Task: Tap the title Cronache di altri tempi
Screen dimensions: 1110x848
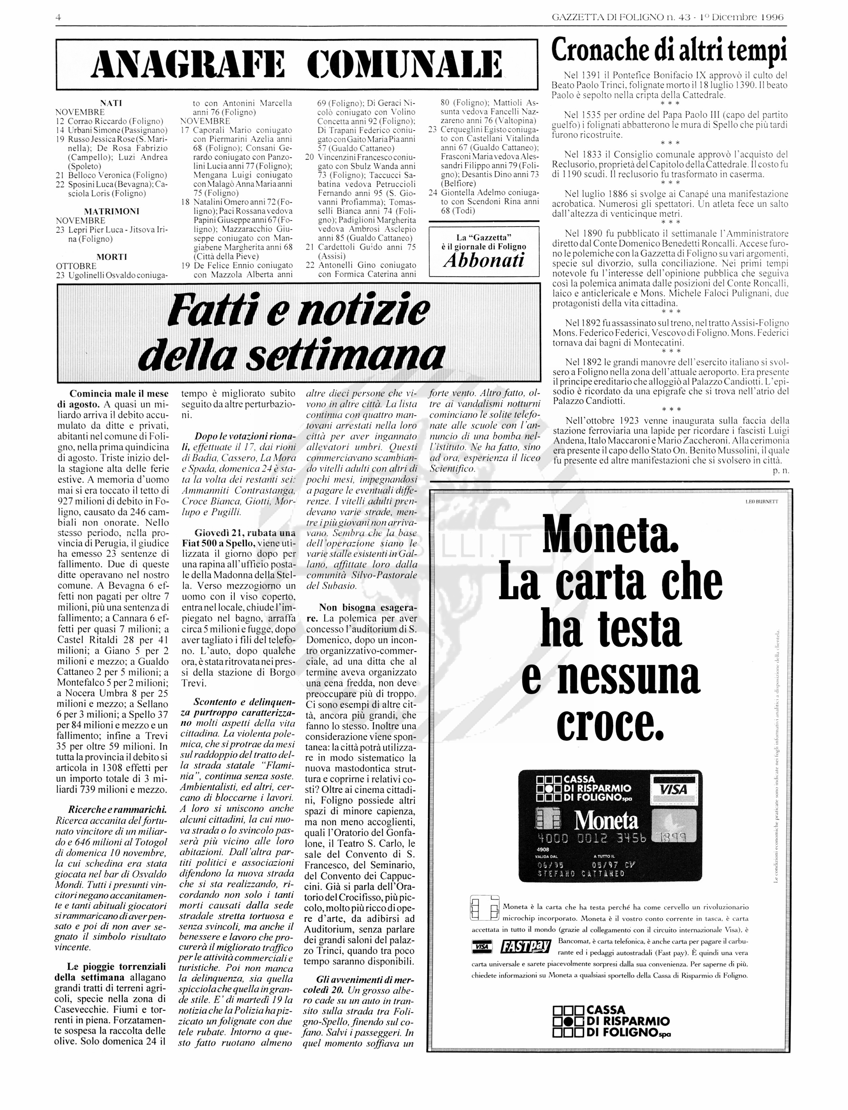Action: (669, 51)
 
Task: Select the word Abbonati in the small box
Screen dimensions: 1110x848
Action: (484, 260)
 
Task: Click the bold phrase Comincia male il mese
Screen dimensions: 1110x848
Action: (119, 393)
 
